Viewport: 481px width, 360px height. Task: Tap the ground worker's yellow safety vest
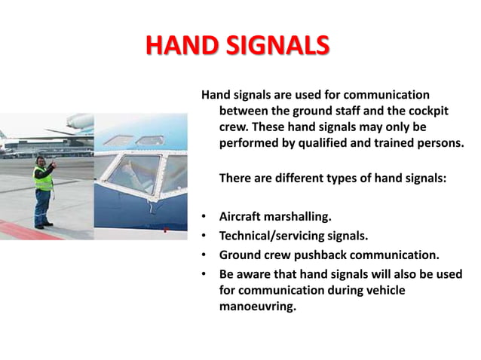point(43,179)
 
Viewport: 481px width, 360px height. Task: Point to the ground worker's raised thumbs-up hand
point(54,163)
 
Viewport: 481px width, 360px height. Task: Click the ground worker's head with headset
point(41,160)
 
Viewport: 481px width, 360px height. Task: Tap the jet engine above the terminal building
point(79,121)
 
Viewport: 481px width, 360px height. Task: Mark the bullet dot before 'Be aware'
point(204,273)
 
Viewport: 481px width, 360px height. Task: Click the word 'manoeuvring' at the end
point(257,307)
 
